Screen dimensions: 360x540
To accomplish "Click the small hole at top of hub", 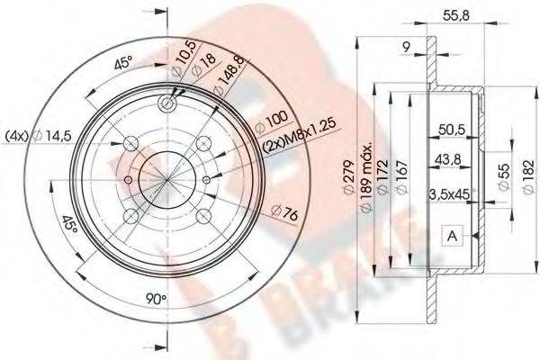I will (166, 104).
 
